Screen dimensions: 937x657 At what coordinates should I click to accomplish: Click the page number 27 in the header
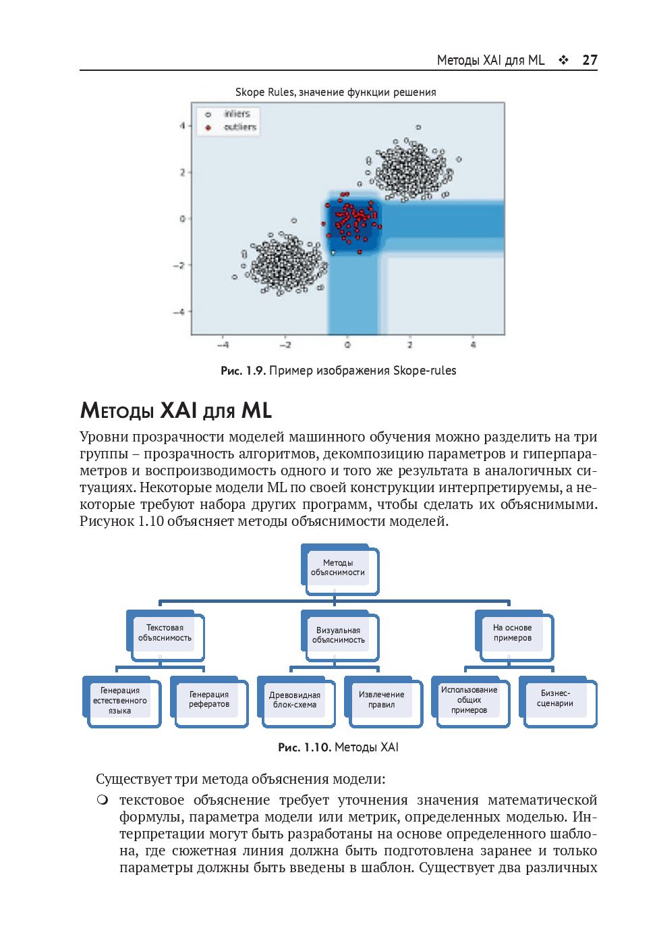point(590,60)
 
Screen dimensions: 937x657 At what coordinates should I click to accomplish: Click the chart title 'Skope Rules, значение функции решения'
point(335,92)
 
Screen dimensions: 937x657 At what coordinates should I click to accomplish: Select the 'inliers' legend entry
point(237,114)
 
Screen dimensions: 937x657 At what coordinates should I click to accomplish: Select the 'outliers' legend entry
point(240,127)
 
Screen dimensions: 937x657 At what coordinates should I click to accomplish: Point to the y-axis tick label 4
point(182,126)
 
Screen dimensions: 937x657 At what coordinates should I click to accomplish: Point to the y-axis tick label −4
point(179,312)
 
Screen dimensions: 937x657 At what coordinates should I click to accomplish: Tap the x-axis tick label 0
point(347,345)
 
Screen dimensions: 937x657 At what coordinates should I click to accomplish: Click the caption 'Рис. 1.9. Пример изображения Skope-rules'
point(338,371)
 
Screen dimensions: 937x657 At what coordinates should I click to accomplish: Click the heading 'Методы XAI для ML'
point(175,410)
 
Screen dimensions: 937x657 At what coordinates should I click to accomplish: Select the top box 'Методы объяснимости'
point(338,568)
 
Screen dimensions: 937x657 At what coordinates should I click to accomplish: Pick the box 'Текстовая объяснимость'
point(165,633)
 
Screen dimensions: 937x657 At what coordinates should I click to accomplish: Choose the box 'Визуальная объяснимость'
point(339,635)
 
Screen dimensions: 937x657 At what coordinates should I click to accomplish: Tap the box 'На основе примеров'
point(513,633)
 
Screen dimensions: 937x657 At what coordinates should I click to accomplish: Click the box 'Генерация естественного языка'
point(121,701)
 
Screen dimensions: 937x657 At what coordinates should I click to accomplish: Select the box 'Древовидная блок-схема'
point(295,700)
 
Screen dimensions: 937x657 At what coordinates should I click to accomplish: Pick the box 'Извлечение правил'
point(382,700)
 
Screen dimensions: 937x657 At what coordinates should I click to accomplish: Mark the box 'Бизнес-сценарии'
point(556,699)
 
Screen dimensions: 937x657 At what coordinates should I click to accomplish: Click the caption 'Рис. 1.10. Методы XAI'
point(338,747)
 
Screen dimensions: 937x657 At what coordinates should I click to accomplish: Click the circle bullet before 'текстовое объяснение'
point(102,800)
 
